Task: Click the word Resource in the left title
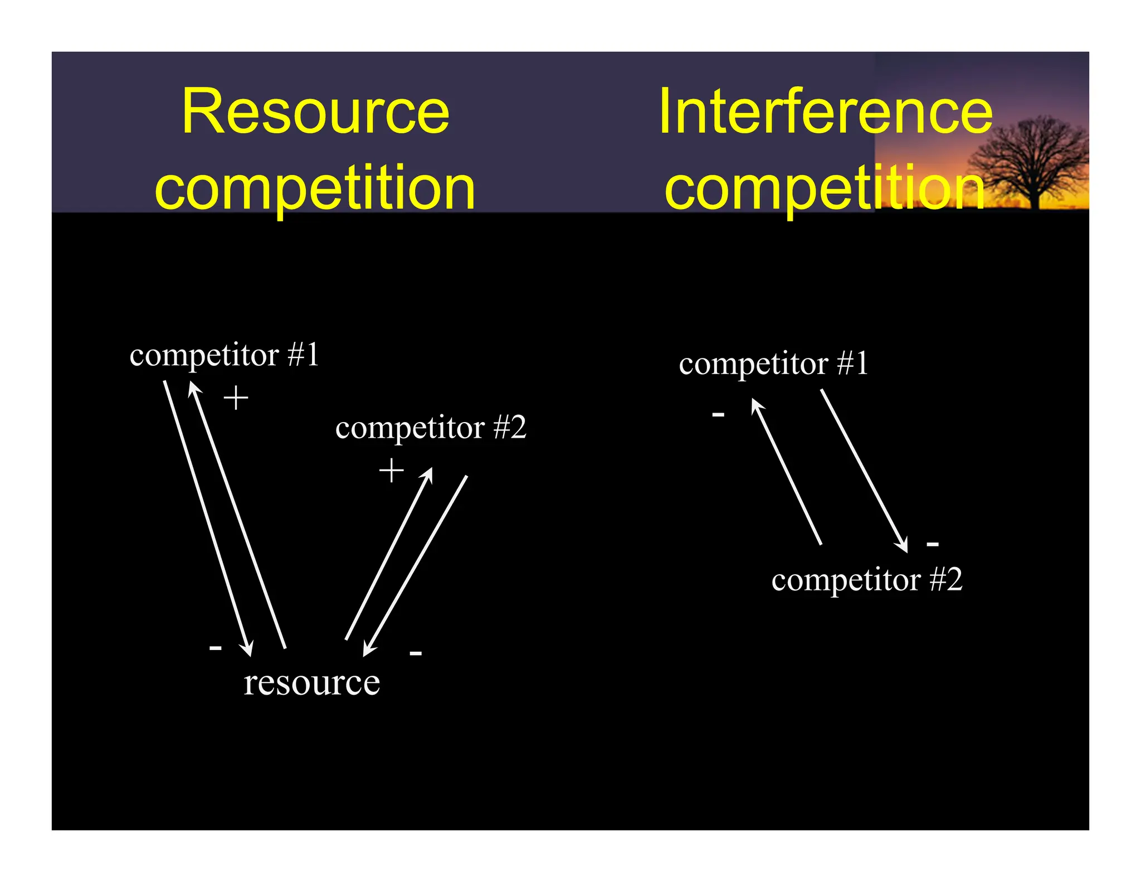point(315,112)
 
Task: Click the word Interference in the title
point(825,112)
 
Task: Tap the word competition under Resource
point(315,188)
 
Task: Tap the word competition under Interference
point(825,188)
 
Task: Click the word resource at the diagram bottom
point(312,682)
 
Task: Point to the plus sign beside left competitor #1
point(236,398)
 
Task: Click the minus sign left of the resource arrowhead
point(215,648)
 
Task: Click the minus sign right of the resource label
point(416,653)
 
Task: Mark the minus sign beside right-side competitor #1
point(718,414)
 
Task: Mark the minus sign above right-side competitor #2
point(933,544)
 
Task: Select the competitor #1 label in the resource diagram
point(224,355)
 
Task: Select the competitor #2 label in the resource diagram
point(431,428)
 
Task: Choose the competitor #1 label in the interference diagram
point(773,364)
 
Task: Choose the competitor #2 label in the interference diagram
point(867,580)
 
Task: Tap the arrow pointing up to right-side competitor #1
point(786,471)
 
